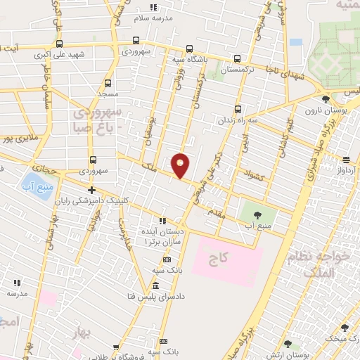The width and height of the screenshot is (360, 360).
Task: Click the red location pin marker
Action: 181,165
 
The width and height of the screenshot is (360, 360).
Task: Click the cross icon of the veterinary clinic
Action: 91,191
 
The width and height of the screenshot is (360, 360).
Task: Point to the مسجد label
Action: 108,94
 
